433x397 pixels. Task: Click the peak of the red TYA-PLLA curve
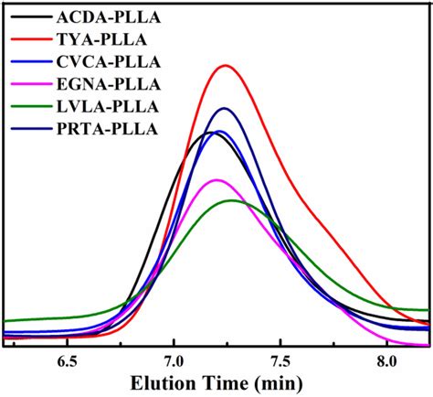pyautogui.click(x=225, y=66)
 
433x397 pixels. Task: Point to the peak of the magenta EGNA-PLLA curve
pyautogui.click(x=216, y=179)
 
